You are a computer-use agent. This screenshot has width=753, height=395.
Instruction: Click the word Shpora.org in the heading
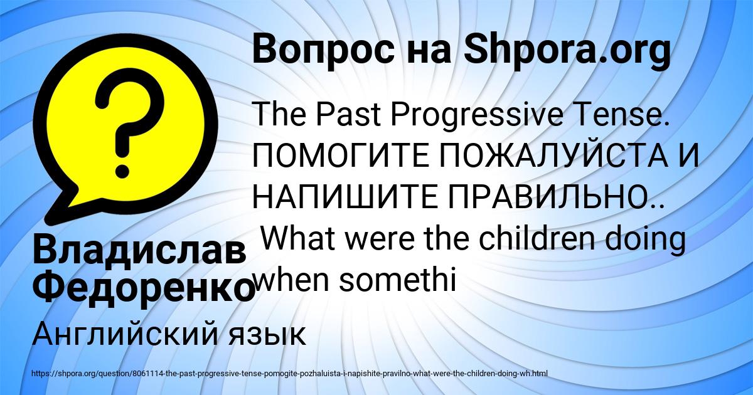[567, 50]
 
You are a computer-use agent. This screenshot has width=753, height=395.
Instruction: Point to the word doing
[650, 240]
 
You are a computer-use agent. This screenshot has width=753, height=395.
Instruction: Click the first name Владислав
[139, 253]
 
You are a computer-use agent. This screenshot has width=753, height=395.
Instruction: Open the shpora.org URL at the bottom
[289, 373]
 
